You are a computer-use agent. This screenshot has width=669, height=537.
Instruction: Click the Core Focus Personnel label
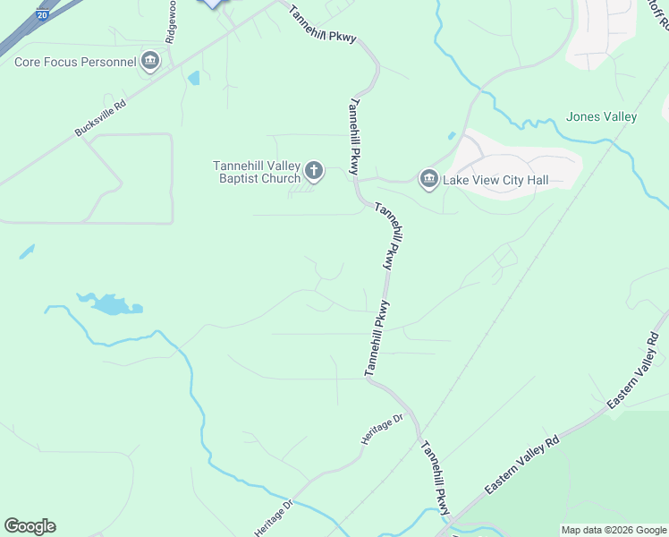pyautogui.click(x=75, y=62)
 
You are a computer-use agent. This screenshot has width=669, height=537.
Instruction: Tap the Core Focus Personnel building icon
pyautogui.click(x=150, y=62)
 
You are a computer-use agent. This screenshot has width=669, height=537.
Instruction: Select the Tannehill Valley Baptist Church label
pyautogui.click(x=257, y=171)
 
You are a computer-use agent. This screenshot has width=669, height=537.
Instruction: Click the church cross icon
pyautogui.click(x=313, y=170)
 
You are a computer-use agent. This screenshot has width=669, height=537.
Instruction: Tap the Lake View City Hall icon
pyautogui.click(x=429, y=180)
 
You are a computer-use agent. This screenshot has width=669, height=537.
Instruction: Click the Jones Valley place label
pyautogui.click(x=601, y=117)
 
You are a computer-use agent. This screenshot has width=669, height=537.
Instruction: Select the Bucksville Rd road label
pyautogui.click(x=100, y=117)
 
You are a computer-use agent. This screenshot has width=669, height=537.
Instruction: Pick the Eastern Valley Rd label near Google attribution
pyautogui.click(x=521, y=465)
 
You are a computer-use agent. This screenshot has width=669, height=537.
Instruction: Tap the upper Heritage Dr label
pyautogui.click(x=383, y=430)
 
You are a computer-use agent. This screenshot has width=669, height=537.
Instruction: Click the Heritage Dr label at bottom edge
pyautogui.click(x=275, y=518)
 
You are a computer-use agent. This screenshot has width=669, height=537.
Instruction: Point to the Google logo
pyautogui.click(x=30, y=526)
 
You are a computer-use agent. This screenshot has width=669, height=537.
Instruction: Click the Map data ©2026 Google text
pyautogui.click(x=614, y=530)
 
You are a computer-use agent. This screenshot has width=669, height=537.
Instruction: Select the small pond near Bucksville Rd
pyautogui.click(x=194, y=78)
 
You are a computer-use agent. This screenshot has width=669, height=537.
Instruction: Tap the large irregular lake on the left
pyautogui.click(x=112, y=304)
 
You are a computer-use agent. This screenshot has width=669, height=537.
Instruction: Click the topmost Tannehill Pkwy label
pyautogui.click(x=323, y=25)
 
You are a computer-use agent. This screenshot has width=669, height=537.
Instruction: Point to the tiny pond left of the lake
pyautogui.click(x=27, y=251)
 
